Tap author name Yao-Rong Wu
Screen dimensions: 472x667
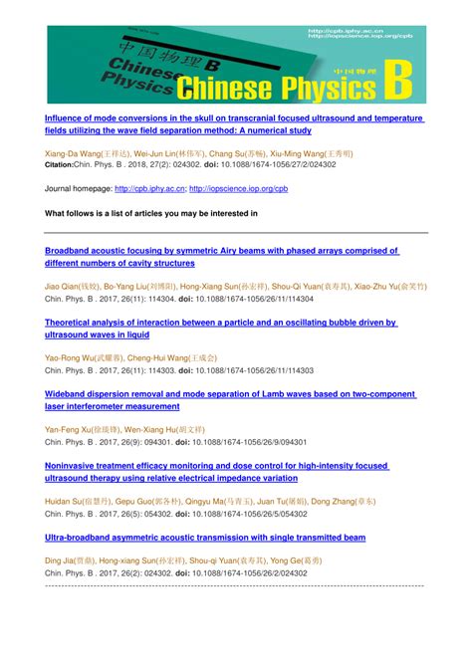coord(71,357)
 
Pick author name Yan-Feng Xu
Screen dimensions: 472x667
coord(70,429)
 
